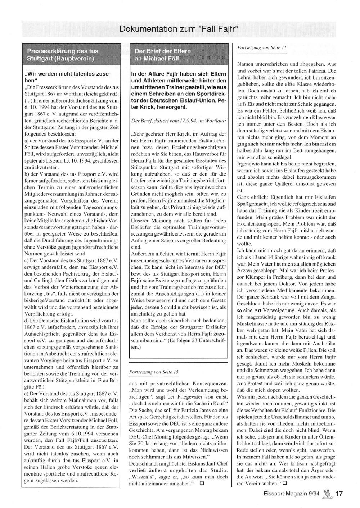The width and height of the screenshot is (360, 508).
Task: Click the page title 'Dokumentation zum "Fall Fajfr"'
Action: coord(179,29)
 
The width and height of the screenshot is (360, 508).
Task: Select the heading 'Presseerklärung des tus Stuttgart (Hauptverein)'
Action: coord(63,54)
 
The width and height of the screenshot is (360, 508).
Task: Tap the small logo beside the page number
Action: coord(327,493)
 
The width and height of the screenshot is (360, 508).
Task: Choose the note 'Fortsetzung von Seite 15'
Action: coord(153,371)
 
